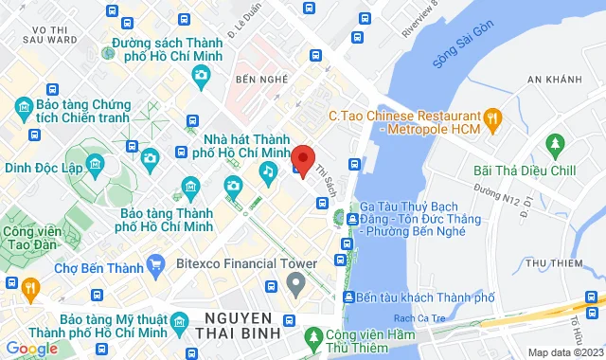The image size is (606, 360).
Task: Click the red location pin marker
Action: (x=302, y=160)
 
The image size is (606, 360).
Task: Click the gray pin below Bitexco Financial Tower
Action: (x=296, y=281)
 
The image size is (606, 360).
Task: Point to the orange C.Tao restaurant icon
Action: (x=491, y=117)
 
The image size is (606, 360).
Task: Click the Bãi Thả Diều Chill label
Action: (x=524, y=171)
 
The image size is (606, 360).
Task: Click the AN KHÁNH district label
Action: (x=552, y=80)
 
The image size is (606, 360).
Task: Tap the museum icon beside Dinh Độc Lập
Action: (x=96, y=167)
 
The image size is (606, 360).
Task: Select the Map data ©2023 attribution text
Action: (x=563, y=352)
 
